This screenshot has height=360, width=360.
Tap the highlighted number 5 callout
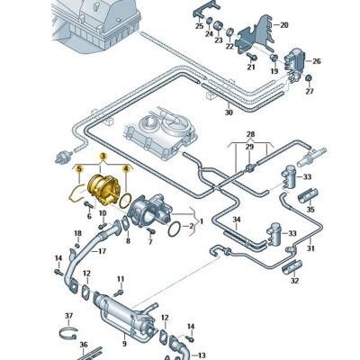(78, 167)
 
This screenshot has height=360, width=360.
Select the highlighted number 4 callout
(126, 167)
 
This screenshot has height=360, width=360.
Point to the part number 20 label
(284, 25)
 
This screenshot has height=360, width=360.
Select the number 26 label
(316, 62)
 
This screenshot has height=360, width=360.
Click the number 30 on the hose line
(229, 113)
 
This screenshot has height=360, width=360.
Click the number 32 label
(294, 281)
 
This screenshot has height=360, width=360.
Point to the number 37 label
(67, 316)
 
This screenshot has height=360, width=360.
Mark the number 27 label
(310, 92)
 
